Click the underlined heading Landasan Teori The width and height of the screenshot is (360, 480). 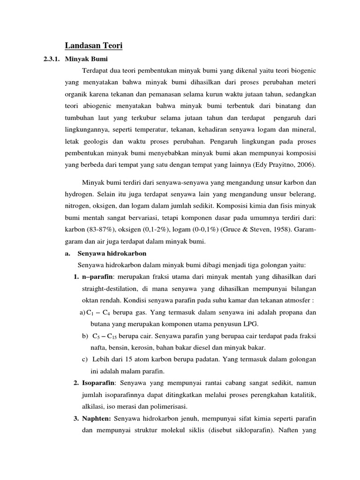tap(93, 46)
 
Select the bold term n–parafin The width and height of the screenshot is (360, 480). tap(98, 277)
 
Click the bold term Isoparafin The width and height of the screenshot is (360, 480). tap(98, 383)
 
